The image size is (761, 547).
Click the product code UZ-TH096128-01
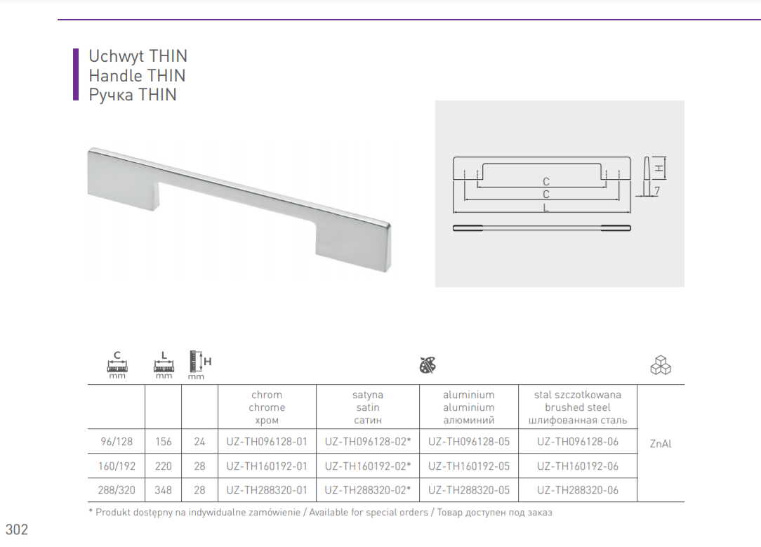[x=267, y=442]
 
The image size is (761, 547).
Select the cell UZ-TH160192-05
[x=469, y=466]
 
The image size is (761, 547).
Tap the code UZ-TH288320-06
[x=578, y=490]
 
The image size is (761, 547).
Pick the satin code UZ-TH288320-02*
[x=368, y=490]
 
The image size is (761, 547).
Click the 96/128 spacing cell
[x=117, y=442]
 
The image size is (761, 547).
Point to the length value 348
[x=163, y=490]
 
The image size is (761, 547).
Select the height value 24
[x=199, y=442]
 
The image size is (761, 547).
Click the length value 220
[x=163, y=466]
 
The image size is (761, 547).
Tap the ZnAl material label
[x=661, y=444]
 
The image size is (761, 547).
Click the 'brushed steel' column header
[x=578, y=408]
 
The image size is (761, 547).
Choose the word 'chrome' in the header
[x=267, y=408]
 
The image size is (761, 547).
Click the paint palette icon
[x=428, y=365]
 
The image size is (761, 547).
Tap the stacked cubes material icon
[x=661, y=365]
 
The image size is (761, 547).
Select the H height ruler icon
[x=200, y=364]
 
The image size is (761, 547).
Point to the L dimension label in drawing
[x=546, y=208]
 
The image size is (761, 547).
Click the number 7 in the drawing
[x=656, y=191]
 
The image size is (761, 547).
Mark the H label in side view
[x=659, y=169]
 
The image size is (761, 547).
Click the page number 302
[x=17, y=529]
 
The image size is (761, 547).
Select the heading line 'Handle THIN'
[x=137, y=76]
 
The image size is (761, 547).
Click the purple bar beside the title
[x=76, y=74]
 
